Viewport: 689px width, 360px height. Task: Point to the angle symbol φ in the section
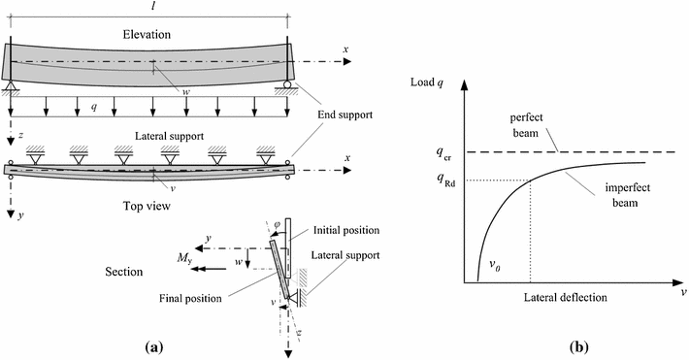[275, 229]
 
